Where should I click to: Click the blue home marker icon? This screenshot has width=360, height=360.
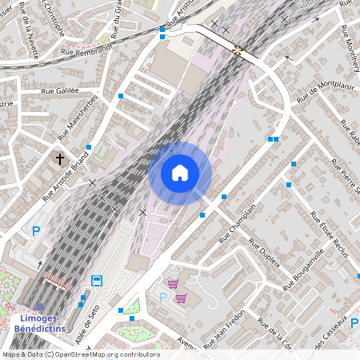coord(180,173)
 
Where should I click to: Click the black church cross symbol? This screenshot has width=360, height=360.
coord(60,159)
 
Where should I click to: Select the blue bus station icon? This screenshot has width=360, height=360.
coord(97,281)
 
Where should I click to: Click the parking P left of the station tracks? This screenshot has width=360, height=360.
coord(35,232)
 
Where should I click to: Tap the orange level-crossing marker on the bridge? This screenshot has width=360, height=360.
coord(238,50)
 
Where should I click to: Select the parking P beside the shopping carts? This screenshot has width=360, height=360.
coord(163,298)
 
